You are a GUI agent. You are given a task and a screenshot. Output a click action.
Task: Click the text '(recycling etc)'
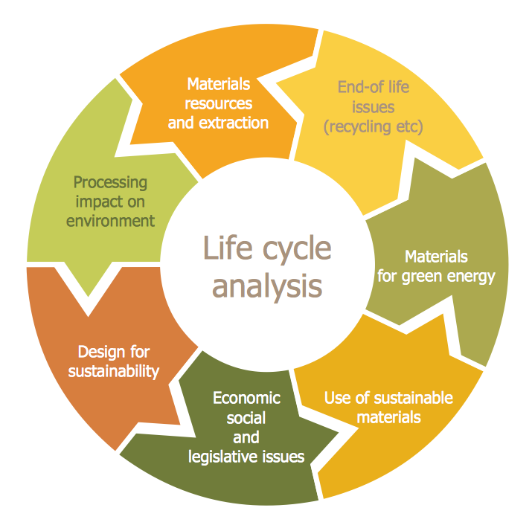point(373,126)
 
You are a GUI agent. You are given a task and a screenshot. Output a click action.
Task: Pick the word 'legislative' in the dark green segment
point(223,456)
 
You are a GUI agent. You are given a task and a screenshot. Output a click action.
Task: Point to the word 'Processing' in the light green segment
point(110,182)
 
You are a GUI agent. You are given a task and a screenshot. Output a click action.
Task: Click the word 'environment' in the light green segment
point(110,220)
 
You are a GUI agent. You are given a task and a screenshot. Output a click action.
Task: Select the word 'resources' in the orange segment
point(218,103)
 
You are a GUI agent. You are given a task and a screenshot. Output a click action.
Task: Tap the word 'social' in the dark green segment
point(246,418)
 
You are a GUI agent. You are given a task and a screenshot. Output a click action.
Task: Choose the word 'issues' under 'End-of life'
point(373,106)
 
